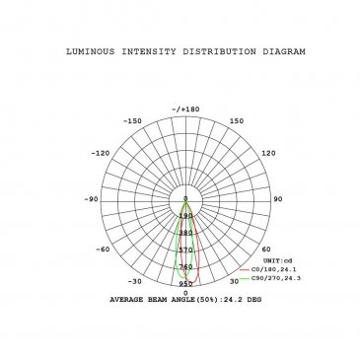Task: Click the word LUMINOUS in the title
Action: point(91,51)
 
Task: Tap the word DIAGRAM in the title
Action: point(284,51)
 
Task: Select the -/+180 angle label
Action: point(185,109)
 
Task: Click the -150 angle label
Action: point(132,121)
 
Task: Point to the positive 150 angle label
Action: point(237,121)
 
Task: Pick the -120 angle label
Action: point(101,153)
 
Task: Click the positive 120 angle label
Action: point(268,153)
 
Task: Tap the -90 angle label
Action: point(91,199)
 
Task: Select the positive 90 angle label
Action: point(278,199)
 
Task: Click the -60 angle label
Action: point(103,250)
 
